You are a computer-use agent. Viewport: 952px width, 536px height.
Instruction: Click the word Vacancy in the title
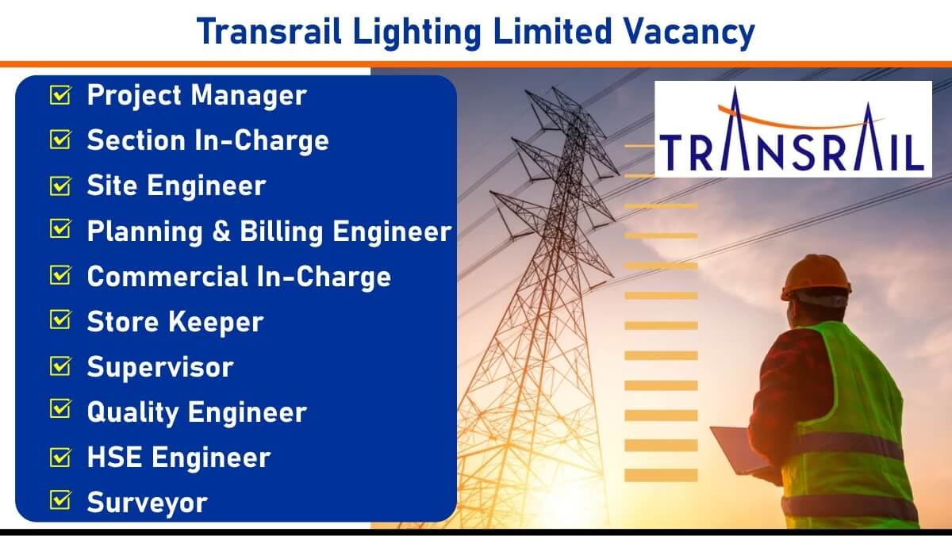689,33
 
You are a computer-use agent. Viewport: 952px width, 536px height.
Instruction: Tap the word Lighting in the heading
417,33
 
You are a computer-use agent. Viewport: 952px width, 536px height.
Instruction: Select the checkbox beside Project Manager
60,94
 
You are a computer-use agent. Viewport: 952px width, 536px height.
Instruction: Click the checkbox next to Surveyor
60,500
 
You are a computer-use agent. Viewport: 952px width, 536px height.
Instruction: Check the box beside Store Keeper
60,319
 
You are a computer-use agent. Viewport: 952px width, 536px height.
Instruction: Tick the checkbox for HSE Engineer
60,457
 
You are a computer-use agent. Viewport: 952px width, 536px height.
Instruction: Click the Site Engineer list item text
176,186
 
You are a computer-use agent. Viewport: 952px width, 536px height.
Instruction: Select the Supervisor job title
160,367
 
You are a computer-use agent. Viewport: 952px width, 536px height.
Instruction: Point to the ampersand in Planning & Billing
221,232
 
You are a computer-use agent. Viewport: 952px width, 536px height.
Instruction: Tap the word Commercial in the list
168,277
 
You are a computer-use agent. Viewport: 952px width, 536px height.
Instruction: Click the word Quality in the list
133,413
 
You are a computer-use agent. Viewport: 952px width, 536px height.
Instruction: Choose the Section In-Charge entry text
208,140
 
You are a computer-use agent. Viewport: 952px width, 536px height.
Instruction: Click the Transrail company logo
793,128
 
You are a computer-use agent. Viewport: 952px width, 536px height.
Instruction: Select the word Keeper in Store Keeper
217,323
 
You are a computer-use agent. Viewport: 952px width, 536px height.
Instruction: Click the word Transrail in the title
269,33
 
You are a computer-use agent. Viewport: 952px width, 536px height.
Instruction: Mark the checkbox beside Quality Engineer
60,408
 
